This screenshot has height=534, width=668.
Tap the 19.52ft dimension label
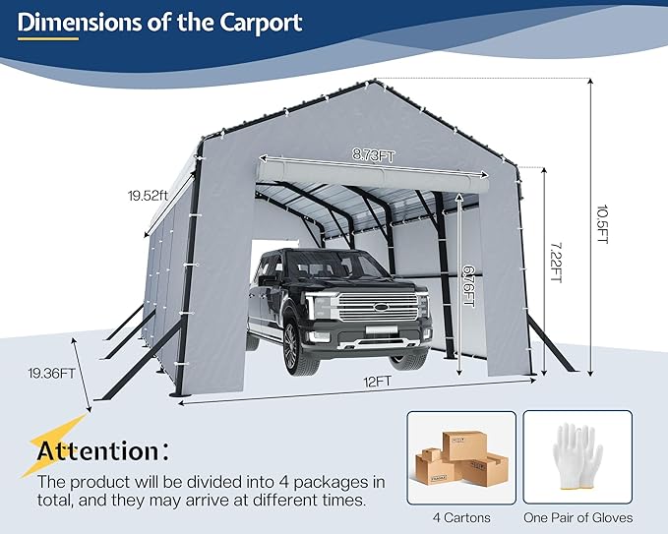pyautogui.click(x=150, y=195)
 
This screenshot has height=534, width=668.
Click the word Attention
pyautogui.click(x=96, y=451)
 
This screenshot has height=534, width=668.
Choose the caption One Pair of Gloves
pyautogui.click(x=577, y=517)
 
